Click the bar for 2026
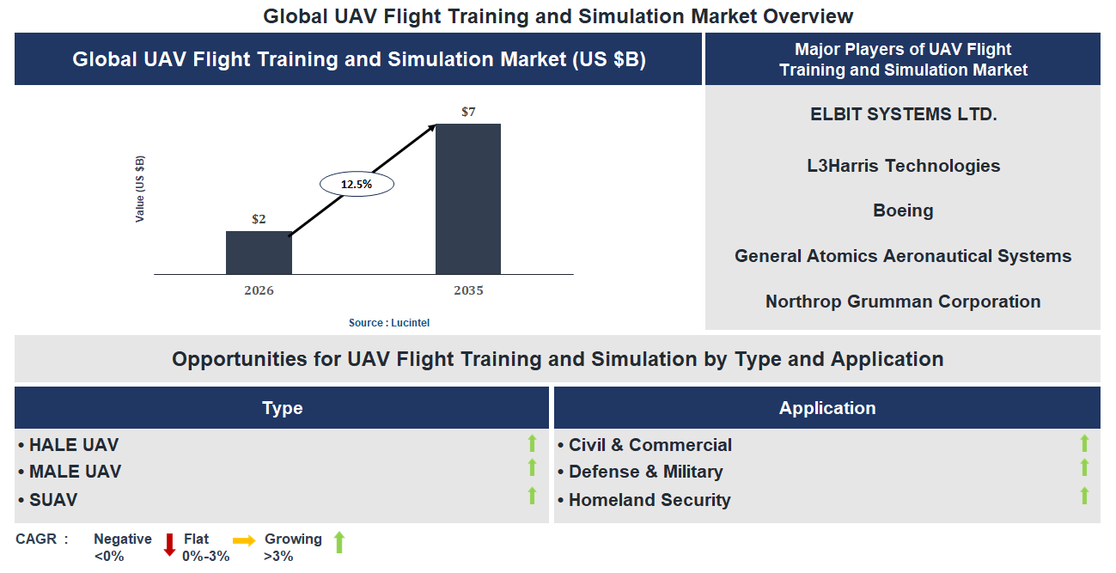259,253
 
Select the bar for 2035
468,199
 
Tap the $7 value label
468,112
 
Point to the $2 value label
259,219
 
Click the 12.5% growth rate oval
357,184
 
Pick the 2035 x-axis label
468,290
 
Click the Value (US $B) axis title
140,189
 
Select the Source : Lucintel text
389,323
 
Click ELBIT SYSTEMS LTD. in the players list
903,114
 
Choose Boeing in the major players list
903,210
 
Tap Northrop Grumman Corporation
903,302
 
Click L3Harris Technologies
903,166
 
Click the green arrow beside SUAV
532,496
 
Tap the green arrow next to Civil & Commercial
1084,443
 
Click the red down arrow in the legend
169,544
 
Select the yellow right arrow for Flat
244,541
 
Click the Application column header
827,408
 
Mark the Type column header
282,408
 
